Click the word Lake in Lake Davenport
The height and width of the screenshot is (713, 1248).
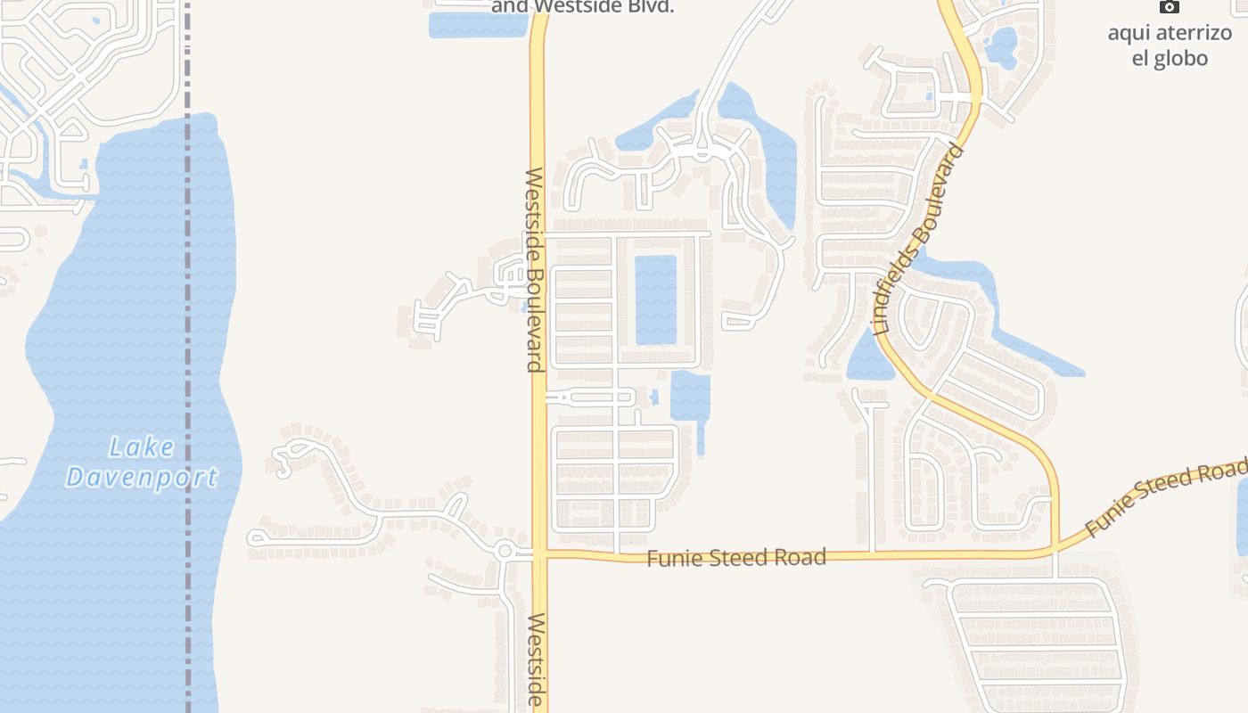coord(143,447)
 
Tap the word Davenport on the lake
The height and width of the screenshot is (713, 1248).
coord(142,478)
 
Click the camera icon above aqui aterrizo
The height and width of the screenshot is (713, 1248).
coord(1169,7)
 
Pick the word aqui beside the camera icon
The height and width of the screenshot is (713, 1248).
coord(1127,34)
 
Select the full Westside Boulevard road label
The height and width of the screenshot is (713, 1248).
coord(534,269)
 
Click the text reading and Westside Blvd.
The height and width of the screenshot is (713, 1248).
coord(582,7)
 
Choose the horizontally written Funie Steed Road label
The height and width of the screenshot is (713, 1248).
coord(736,558)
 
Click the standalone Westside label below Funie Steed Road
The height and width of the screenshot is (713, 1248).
coord(535,660)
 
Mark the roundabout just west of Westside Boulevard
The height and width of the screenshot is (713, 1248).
coord(505,551)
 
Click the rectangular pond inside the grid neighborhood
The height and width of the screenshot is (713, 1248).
coord(656,299)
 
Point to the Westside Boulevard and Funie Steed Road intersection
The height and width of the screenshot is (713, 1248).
coord(538,555)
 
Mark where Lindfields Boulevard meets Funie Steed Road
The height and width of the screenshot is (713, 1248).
coord(1055,549)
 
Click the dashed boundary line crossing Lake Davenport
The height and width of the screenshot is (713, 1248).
coord(188,356)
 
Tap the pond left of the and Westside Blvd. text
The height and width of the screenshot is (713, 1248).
coord(478,24)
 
